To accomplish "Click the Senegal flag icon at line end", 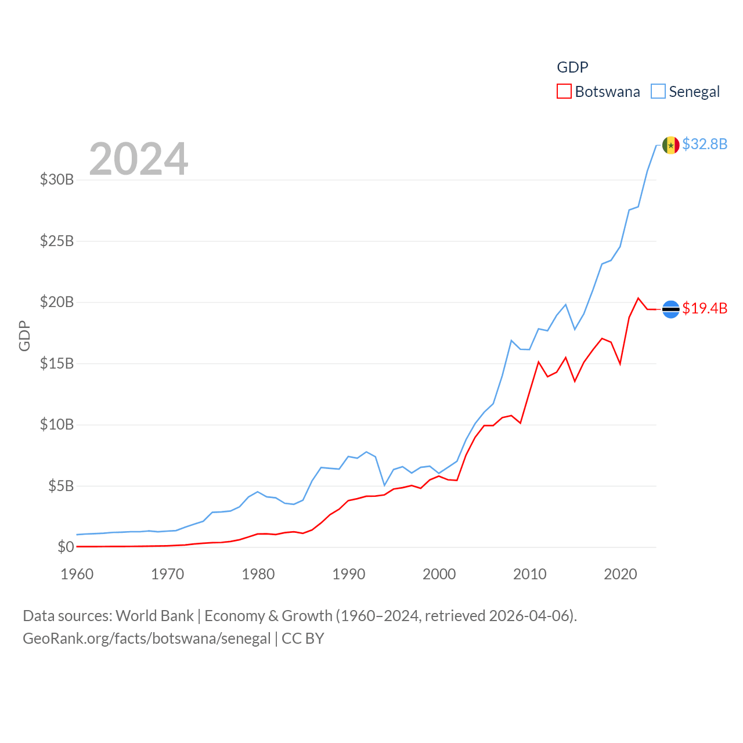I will [671, 145].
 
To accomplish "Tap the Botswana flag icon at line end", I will [671, 309].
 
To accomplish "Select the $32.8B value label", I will [705, 144].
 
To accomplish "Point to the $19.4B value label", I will [705, 308].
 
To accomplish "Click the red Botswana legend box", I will [564, 92].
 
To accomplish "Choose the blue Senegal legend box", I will [658, 92].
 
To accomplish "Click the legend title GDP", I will [572, 67].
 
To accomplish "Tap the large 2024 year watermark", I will [138, 159].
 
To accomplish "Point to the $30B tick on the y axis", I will [57, 179].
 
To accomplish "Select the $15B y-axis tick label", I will [57, 363].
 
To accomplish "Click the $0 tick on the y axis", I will [66, 547].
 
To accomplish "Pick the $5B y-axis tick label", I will [61, 486].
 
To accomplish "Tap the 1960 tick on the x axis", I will [77, 574].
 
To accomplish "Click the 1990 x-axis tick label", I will [349, 574].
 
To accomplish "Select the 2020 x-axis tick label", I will [621, 574].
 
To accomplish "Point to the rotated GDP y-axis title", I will [24, 336].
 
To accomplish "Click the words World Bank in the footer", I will [154, 615].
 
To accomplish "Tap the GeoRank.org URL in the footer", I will [146, 639].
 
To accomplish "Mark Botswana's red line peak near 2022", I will [639, 298].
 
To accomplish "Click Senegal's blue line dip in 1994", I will [384, 485].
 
